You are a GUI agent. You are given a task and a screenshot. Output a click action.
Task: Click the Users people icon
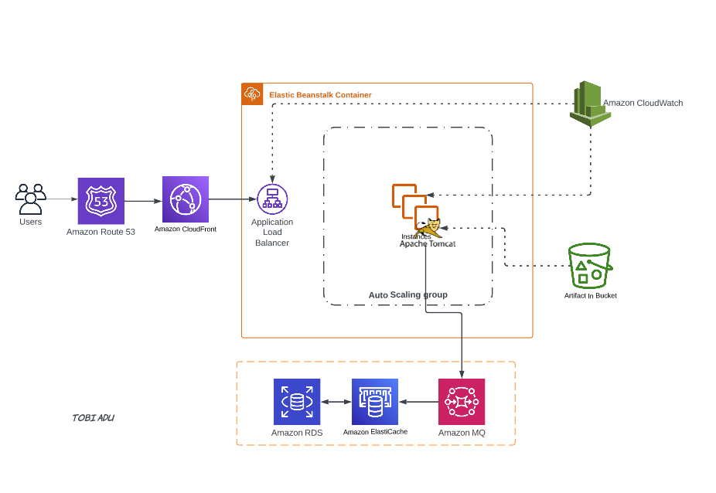click(31, 199)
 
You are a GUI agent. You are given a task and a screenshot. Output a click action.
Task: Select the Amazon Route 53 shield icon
click(101, 201)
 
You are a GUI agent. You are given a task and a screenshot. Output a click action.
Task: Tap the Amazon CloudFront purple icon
click(186, 199)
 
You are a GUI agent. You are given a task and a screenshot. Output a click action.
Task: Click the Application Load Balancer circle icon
click(272, 199)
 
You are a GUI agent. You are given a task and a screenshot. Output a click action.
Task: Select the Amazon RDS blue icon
click(297, 402)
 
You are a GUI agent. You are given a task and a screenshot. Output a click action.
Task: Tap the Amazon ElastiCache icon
click(375, 402)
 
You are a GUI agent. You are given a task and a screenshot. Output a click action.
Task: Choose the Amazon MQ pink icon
click(462, 402)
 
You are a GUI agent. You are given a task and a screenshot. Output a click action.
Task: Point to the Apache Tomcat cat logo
click(428, 228)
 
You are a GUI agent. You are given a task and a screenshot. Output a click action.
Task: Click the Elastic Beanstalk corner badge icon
click(252, 94)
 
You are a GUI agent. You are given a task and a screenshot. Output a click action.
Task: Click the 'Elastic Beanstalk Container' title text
click(320, 95)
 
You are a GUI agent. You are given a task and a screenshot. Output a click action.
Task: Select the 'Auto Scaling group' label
click(407, 295)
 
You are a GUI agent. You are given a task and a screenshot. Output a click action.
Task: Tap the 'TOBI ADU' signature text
click(94, 418)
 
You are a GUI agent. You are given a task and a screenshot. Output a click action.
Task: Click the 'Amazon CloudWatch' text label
click(643, 103)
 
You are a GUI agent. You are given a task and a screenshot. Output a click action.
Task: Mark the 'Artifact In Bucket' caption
click(590, 296)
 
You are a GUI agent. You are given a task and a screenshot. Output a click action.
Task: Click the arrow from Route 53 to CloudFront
click(143, 201)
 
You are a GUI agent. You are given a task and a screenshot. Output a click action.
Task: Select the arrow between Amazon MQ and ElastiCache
click(418, 402)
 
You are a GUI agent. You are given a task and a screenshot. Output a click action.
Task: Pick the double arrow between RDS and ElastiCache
click(336, 402)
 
